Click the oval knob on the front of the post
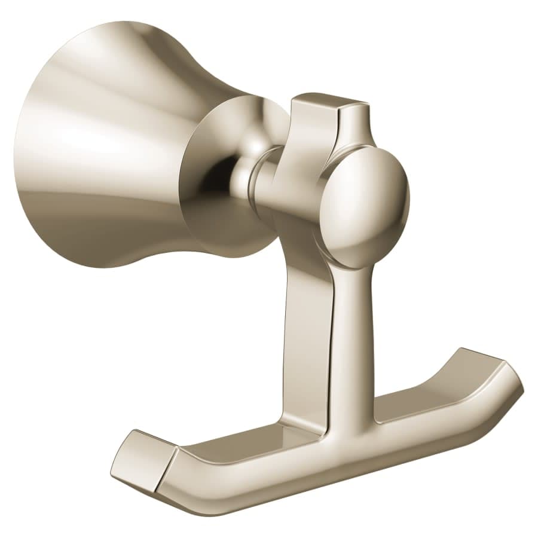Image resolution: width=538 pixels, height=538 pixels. pyautogui.click(x=366, y=203)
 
